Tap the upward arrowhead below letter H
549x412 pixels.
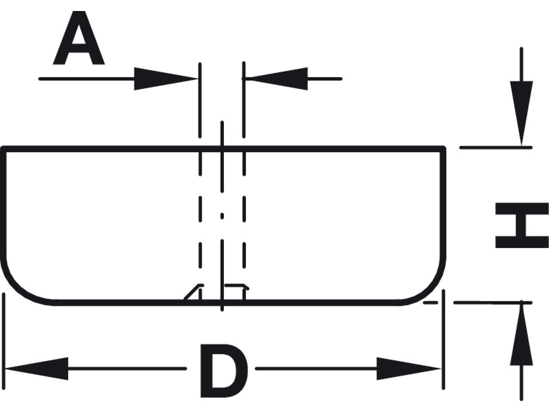point(521,334)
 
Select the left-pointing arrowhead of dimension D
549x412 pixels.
point(37,369)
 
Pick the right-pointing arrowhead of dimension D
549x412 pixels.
point(409,369)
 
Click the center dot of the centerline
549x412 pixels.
point(222,216)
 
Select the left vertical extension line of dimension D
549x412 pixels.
point(4,342)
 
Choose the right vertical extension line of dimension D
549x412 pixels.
point(443,342)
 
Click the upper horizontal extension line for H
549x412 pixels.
point(496,147)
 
